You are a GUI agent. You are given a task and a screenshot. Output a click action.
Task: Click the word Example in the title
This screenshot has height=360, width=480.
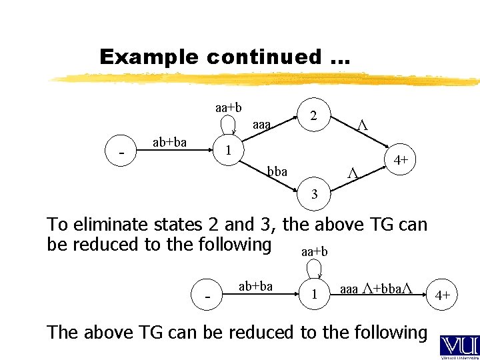pyautogui.click(x=149, y=57)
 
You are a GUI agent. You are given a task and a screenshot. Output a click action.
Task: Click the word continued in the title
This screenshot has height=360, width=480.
pyautogui.click(x=263, y=57)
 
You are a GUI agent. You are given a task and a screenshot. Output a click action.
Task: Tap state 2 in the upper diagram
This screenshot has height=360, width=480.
pyautogui.click(x=313, y=115)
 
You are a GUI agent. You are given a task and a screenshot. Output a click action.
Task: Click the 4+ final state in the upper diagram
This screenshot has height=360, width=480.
pyautogui.click(x=401, y=160)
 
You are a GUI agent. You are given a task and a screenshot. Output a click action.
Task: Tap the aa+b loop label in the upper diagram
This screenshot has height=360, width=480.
pyautogui.click(x=228, y=107)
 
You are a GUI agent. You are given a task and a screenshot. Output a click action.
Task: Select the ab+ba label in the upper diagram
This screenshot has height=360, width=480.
pyautogui.click(x=169, y=142)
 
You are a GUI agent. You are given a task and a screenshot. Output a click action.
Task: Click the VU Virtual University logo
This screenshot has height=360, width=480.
pyautogui.click(x=456, y=346)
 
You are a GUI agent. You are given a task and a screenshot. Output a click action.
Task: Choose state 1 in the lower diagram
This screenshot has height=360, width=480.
pyautogui.click(x=314, y=293)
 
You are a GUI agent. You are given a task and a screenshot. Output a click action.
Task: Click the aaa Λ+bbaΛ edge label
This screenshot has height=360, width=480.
pyautogui.click(x=377, y=289)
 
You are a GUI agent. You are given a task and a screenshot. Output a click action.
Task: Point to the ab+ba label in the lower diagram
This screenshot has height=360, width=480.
pyautogui.click(x=255, y=286)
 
